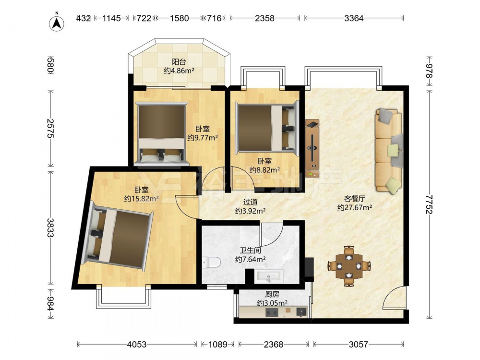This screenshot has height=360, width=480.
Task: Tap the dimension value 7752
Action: point(429,204)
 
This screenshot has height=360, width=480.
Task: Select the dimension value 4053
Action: point(136,345)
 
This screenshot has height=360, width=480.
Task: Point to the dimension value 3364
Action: point(354,18)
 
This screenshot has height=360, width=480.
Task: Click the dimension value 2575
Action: point(50,128)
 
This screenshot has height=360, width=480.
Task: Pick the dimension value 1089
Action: point(217,345)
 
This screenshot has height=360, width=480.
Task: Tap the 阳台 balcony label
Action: point(179,61)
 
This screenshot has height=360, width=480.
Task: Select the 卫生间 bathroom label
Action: point(250,251)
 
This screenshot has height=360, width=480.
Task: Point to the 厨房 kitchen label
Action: point(272,295)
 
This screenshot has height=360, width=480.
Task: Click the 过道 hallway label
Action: point(250,202)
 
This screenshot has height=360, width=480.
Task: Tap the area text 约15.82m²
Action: point(141,199)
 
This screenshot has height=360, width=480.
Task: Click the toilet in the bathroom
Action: point(211,263)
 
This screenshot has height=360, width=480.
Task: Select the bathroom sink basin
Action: point(268,276)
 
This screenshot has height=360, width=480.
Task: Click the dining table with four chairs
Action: point(349,266)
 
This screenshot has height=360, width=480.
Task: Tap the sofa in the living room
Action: point(389,151)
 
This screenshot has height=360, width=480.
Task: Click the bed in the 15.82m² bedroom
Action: point(118,235)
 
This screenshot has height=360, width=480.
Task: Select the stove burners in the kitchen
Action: point(272,312)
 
